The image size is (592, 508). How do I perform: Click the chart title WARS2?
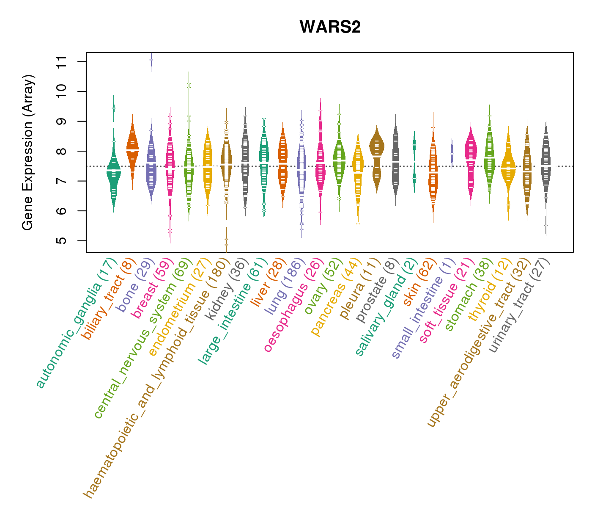click(330, 27)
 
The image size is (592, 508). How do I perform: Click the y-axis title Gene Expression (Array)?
click(28, 152)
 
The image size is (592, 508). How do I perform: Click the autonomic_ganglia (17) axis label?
click(76, 323)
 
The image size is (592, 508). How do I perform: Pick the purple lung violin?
click(301, 169)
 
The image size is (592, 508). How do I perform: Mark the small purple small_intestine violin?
click(452, 152)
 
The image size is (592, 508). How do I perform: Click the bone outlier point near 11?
click(151, 60)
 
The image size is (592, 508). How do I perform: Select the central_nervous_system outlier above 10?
click(189, 86)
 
